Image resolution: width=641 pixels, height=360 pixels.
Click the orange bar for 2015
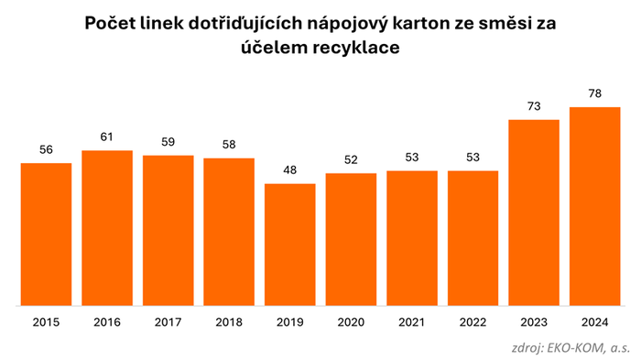pos(46,234)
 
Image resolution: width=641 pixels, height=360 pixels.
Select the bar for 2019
pos(290,244)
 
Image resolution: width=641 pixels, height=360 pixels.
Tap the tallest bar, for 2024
pos(596,206)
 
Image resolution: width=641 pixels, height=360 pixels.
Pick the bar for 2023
pos(535,212)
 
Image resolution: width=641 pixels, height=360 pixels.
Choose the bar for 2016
pos(107,227)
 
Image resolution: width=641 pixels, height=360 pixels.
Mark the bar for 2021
pos(412,237)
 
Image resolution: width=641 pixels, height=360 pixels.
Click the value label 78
pos(596,93)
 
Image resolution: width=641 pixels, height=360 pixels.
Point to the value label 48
pos(290,170)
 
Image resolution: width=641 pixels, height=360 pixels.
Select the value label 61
pos(107,137)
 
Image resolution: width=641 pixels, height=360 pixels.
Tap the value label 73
pos(535,106)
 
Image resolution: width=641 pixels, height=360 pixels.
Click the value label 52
pos(352,160)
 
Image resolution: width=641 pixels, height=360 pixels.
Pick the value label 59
pos(168,142)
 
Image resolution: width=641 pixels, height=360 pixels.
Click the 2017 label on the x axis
pos(168,322)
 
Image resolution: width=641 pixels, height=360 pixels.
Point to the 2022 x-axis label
pos(473,322)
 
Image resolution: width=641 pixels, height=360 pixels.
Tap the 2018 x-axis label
pos(229,322)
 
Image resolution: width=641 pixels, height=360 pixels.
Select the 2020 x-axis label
pos(352,322)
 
